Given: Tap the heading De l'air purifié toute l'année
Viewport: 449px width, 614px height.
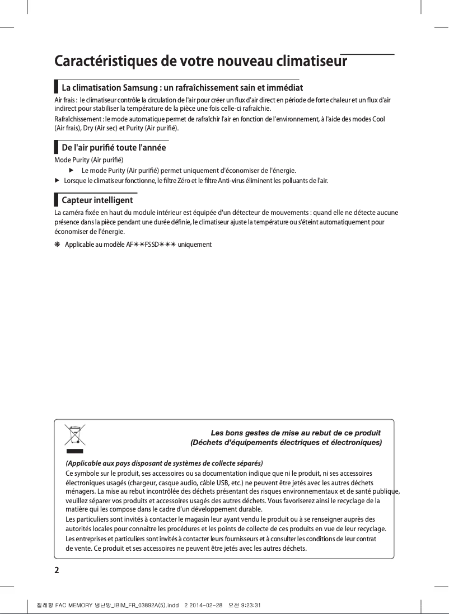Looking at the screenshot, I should click(x=113, y=148).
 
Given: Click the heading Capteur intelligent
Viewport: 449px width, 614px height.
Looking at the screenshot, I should click(x=97, y=200).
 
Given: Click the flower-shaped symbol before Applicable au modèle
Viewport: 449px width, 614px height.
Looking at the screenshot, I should click(x=57, y=245).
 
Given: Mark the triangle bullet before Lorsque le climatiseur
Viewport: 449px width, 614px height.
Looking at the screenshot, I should click(x=57, y=181).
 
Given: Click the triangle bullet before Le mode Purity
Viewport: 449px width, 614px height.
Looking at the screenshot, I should click(x=71, y=170).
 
